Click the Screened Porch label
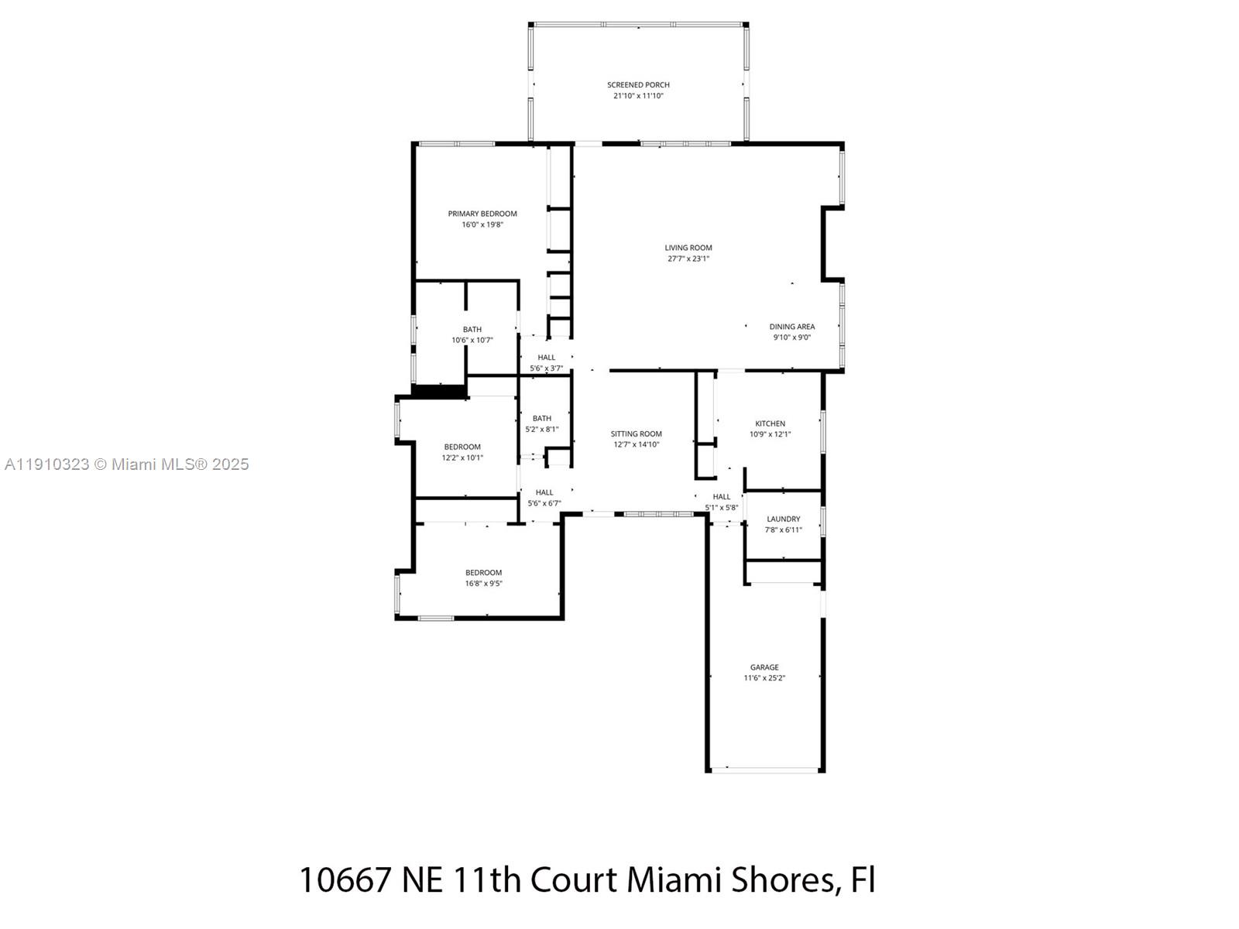click(x=638, y=85)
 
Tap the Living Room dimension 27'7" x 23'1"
click(x=688, y=259)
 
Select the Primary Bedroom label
click(x=482, y=214)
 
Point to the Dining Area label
click(x=791, y=327)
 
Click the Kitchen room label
click(x=770, y=423)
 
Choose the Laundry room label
click(x=783, y=519)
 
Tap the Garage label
click(x=764, y=667)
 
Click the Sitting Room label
click(x=636, y=434)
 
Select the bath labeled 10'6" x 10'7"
click(x=472, y=335)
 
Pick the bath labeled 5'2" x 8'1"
click(x=541, y=423)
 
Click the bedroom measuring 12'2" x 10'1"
click(x=462, y=452)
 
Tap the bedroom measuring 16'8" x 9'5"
click(x=483, y=578)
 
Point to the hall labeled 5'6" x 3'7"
click(x=546, y=363)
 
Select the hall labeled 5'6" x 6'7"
click(x=544, y=498)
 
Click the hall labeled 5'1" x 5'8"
click(x=721, y=502)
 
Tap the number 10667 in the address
click(x=345, y=880)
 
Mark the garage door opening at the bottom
click(x=765, y=770)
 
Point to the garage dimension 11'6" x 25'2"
click(x=764, y=678)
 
